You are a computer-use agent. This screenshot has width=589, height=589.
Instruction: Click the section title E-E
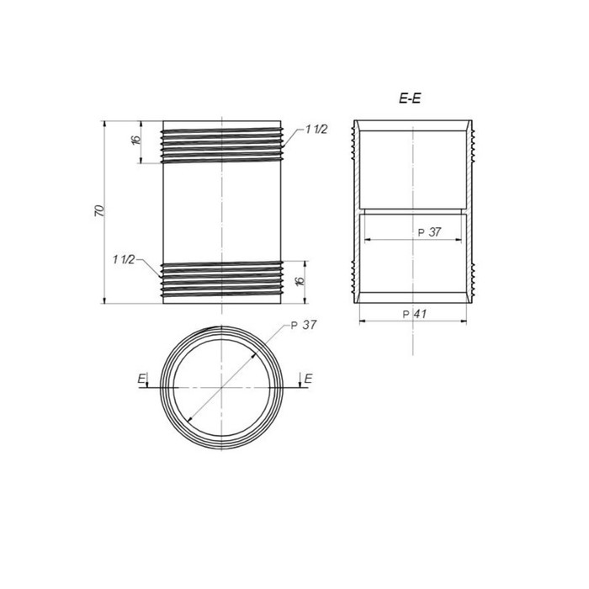point(410,98)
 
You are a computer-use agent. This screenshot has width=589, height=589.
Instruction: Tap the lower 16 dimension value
point(300,281)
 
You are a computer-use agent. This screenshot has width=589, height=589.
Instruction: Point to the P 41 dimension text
point(416,313)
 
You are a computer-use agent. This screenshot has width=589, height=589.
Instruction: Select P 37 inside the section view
point(429,232)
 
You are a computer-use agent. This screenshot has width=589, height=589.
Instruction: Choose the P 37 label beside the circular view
point(302,326)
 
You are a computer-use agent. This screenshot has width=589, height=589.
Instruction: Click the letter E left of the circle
point(141,378)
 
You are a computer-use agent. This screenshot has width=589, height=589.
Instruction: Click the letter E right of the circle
point(308,378)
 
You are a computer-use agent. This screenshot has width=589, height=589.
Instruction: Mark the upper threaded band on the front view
point(220,145)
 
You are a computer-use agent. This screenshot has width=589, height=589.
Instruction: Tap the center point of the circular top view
point(220,386)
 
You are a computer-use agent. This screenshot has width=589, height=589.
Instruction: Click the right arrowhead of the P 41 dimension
point(467,321)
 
